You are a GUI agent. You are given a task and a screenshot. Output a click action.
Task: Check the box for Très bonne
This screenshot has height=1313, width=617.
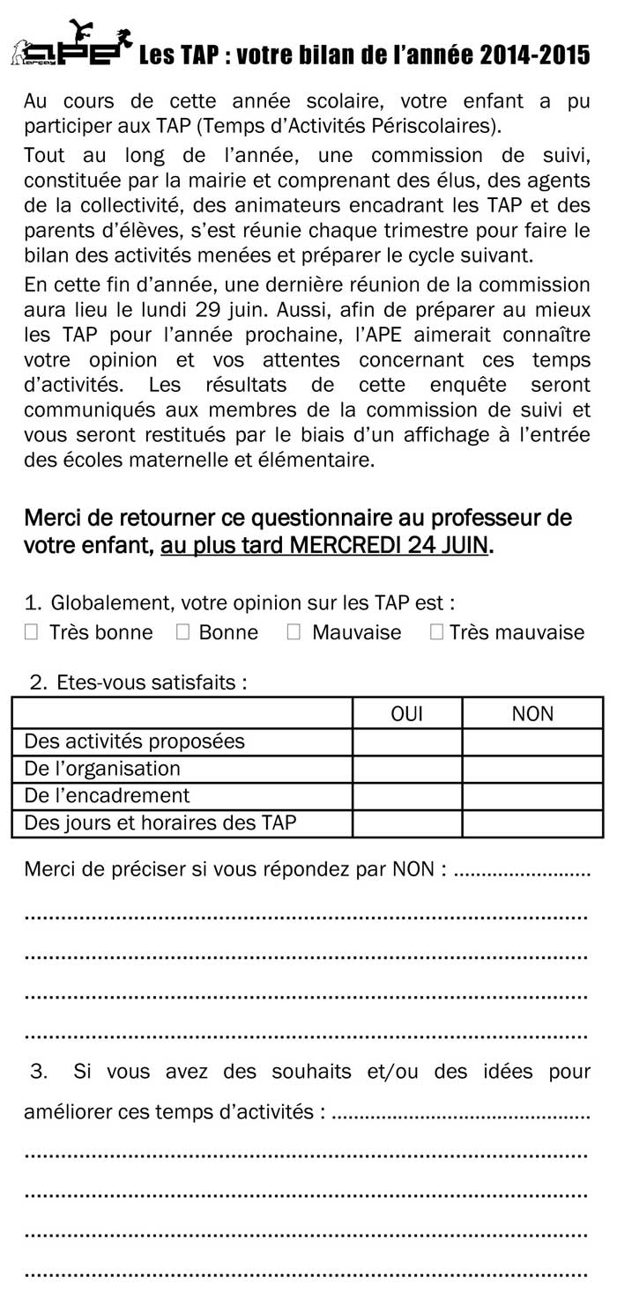[x=32, y=631]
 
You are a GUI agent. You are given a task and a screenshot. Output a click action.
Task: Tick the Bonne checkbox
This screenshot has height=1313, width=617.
[x=183, y=631]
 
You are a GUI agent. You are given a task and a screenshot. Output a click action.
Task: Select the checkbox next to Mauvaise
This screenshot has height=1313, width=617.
[x=294, y=631]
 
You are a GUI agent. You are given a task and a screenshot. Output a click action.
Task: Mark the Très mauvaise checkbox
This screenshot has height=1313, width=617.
[x=436, y=631]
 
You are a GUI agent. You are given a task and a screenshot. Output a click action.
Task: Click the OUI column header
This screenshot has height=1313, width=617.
[x=406, y=714]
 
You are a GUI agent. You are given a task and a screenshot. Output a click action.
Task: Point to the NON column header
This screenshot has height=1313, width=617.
[x=532, y=714]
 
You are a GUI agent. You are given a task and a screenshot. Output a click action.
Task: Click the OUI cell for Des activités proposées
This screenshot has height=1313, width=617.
[x=406, y=741]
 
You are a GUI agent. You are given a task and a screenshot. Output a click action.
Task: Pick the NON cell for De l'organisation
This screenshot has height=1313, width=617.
[x=532, y=769]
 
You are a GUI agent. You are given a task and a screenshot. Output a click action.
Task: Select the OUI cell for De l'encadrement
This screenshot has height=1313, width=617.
[x=406, y=796]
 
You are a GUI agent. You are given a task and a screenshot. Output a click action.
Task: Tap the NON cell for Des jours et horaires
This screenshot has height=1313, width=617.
[x=532, y=823]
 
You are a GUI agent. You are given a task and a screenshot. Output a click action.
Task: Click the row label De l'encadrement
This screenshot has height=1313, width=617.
[x=108, y=796]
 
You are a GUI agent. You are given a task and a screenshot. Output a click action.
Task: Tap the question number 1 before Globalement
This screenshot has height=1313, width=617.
[x=33, y=603]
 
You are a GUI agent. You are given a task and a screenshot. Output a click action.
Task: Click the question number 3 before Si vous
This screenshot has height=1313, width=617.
[x=38, y=1072]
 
